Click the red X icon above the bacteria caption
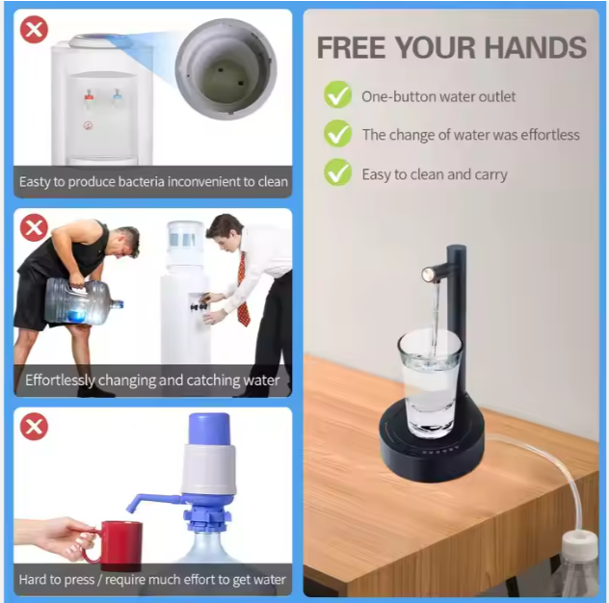[34, 30]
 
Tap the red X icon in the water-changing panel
[34, 228]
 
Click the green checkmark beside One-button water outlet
[337, 95]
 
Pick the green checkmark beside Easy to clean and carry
[337, 173]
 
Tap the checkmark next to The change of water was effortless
[337, 135]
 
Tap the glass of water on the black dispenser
[430, 383]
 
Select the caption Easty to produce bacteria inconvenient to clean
[152, 181]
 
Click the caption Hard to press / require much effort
[152, 579]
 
